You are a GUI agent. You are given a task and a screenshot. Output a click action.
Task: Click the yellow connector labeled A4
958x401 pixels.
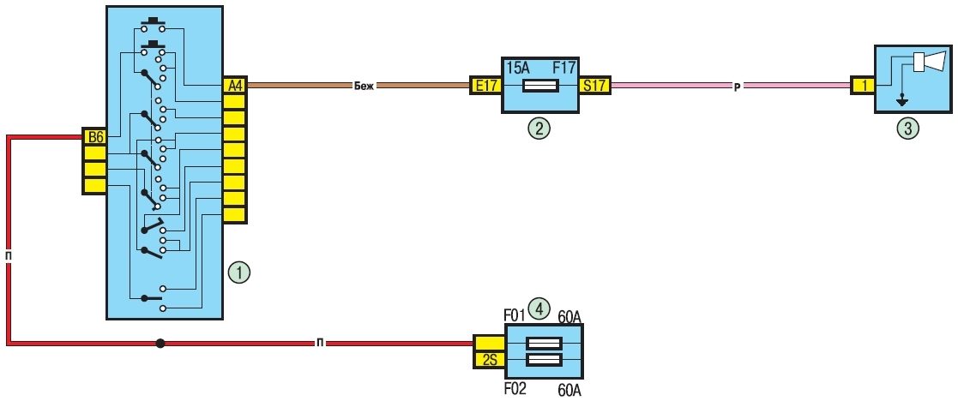(234, 86)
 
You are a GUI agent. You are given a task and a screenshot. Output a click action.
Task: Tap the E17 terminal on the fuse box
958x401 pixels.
(485, 86)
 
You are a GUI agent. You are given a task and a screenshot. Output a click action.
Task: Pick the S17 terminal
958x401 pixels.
(593, 86)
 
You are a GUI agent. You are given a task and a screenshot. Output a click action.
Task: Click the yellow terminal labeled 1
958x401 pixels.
(862, 86)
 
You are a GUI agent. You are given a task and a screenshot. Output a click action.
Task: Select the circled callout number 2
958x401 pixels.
(539, 129)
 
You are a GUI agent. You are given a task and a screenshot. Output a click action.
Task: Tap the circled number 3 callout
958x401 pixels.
(908, 129)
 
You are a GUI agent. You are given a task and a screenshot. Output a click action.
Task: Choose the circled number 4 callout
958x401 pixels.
(539, 308)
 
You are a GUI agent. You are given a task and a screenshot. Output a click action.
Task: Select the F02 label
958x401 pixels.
(515, 388)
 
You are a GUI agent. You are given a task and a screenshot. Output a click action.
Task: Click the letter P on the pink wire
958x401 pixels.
(736, 87)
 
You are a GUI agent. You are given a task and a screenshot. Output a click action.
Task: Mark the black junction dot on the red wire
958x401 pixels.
(160, 344)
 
